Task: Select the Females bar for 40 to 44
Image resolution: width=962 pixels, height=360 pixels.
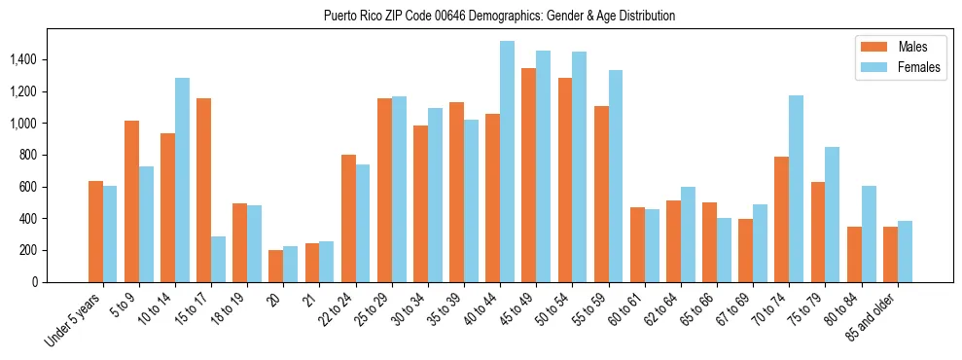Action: coord(507,162)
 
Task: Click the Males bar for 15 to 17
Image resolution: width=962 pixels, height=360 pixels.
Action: coord(203,190)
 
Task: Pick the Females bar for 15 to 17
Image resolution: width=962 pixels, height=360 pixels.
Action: coord(218,259)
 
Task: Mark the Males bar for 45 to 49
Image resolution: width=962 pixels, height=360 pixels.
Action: coord(528,175)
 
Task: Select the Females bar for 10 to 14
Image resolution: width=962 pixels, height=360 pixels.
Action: coord(182,180)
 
